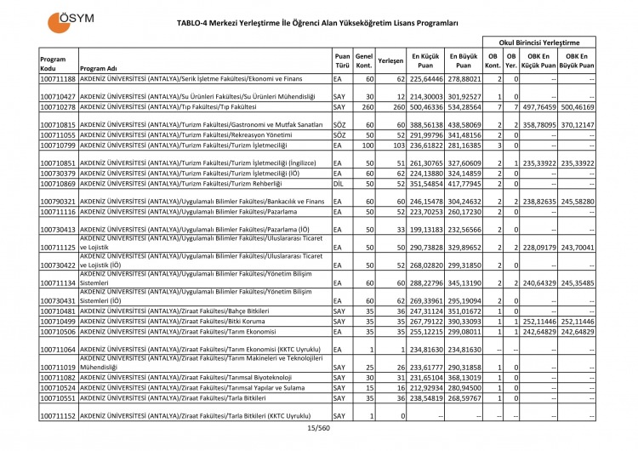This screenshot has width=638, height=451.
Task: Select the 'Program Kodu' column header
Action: [52, 63]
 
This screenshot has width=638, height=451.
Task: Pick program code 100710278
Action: [58, 107]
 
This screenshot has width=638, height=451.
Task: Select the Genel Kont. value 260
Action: [366, 107]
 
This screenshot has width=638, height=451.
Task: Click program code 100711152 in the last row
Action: [58, 415]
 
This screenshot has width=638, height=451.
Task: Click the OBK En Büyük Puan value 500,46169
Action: [578, 107]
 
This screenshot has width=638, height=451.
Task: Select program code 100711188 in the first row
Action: [58, 78]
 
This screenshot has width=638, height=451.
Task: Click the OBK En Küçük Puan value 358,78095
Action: [539, 125]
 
